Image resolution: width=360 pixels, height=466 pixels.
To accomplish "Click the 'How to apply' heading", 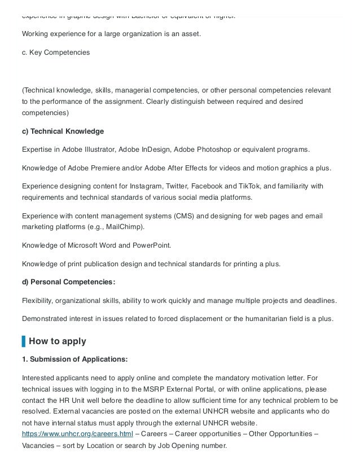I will [x=57, y=341].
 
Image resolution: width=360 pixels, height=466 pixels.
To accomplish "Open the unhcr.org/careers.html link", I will [x=77, y=433].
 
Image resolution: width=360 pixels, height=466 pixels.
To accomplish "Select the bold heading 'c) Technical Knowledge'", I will [x=63, y=131].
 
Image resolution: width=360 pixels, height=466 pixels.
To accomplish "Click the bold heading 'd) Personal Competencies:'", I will [x=68, y=282].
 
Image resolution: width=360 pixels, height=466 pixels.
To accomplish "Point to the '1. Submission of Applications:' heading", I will [x=74, y=359].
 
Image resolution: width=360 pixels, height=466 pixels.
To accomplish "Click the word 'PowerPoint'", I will [x=152, y=245].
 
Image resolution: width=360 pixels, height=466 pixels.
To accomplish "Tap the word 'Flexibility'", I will [x=37, y=300].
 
